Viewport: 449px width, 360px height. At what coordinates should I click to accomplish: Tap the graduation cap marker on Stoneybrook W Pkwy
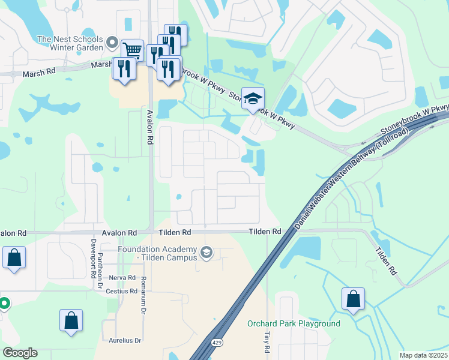(253, 98)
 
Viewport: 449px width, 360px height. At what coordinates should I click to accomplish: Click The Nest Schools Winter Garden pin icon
(112, 42)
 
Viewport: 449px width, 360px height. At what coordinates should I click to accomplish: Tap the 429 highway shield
(215, 342)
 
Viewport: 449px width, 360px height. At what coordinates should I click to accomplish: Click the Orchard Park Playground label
(294, 324)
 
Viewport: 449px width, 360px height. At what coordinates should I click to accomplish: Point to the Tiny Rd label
(267, 341)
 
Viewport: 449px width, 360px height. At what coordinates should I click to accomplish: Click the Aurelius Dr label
(125, 340)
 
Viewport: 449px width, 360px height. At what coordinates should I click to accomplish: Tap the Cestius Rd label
(124, 291)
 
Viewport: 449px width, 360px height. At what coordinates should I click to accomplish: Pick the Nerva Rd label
(123, 278)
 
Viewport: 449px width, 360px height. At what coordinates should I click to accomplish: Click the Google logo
(20, 353)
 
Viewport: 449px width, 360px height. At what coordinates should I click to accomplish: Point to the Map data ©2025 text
(423, 355)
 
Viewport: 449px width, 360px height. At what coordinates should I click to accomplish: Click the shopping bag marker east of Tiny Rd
(353, 298)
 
